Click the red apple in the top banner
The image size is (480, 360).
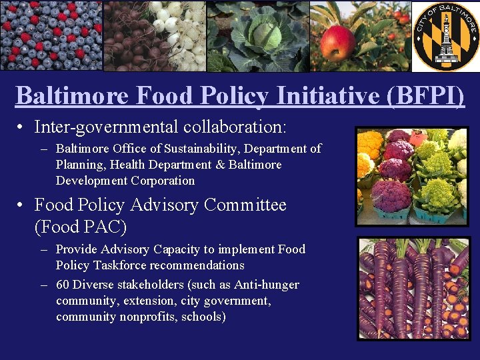[339, 41]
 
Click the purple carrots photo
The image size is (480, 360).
[413, 289]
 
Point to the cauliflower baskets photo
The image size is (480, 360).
[412, 177]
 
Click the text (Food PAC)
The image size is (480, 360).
[80, 227]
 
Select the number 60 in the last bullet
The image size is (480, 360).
[63, 285]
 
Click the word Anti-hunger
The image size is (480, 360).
[266, 285]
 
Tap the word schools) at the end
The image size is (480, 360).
[203, 317]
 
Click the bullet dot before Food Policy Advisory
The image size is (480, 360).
[22, 205]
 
